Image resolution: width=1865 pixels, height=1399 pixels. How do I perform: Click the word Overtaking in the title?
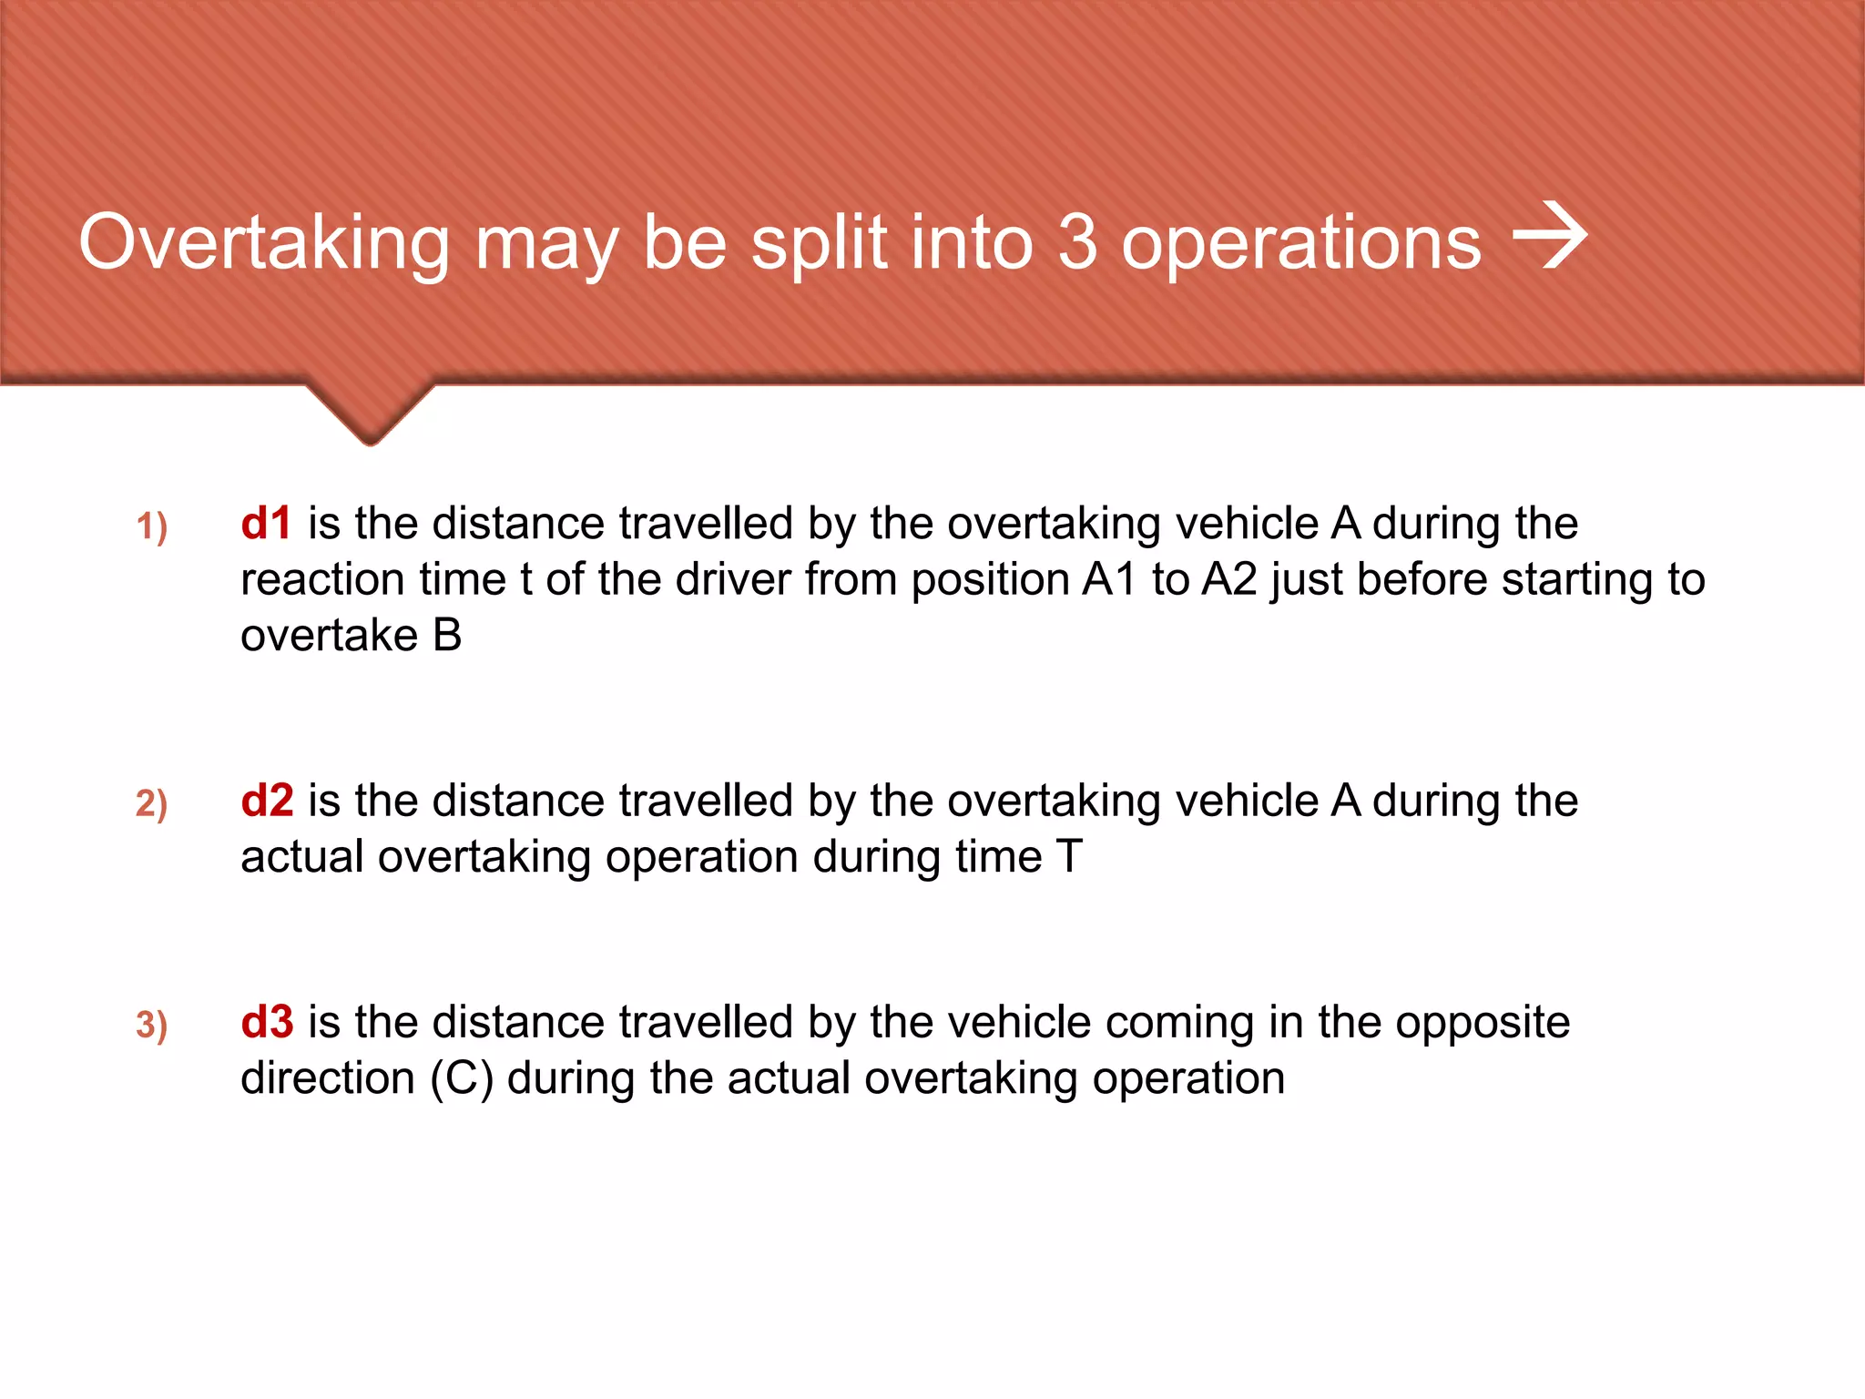(264, 244)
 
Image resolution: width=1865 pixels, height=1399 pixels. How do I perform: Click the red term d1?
(266, 524)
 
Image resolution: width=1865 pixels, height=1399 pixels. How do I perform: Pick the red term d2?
(267, 801)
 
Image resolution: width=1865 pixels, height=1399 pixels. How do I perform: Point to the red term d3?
(267, 1022)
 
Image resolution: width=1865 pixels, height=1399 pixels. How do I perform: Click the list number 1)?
(152, 527)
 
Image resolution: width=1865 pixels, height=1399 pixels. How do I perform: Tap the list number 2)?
(152, 804)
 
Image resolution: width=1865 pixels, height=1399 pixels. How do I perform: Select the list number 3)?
(152, 1026)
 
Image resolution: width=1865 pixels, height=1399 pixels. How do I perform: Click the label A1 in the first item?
(1110, 580)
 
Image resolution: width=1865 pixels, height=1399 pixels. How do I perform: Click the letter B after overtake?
(447, 636)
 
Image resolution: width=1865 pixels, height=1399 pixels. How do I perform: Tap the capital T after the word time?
(1069, 857)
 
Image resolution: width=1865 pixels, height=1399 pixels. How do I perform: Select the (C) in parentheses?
(463, 1079)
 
